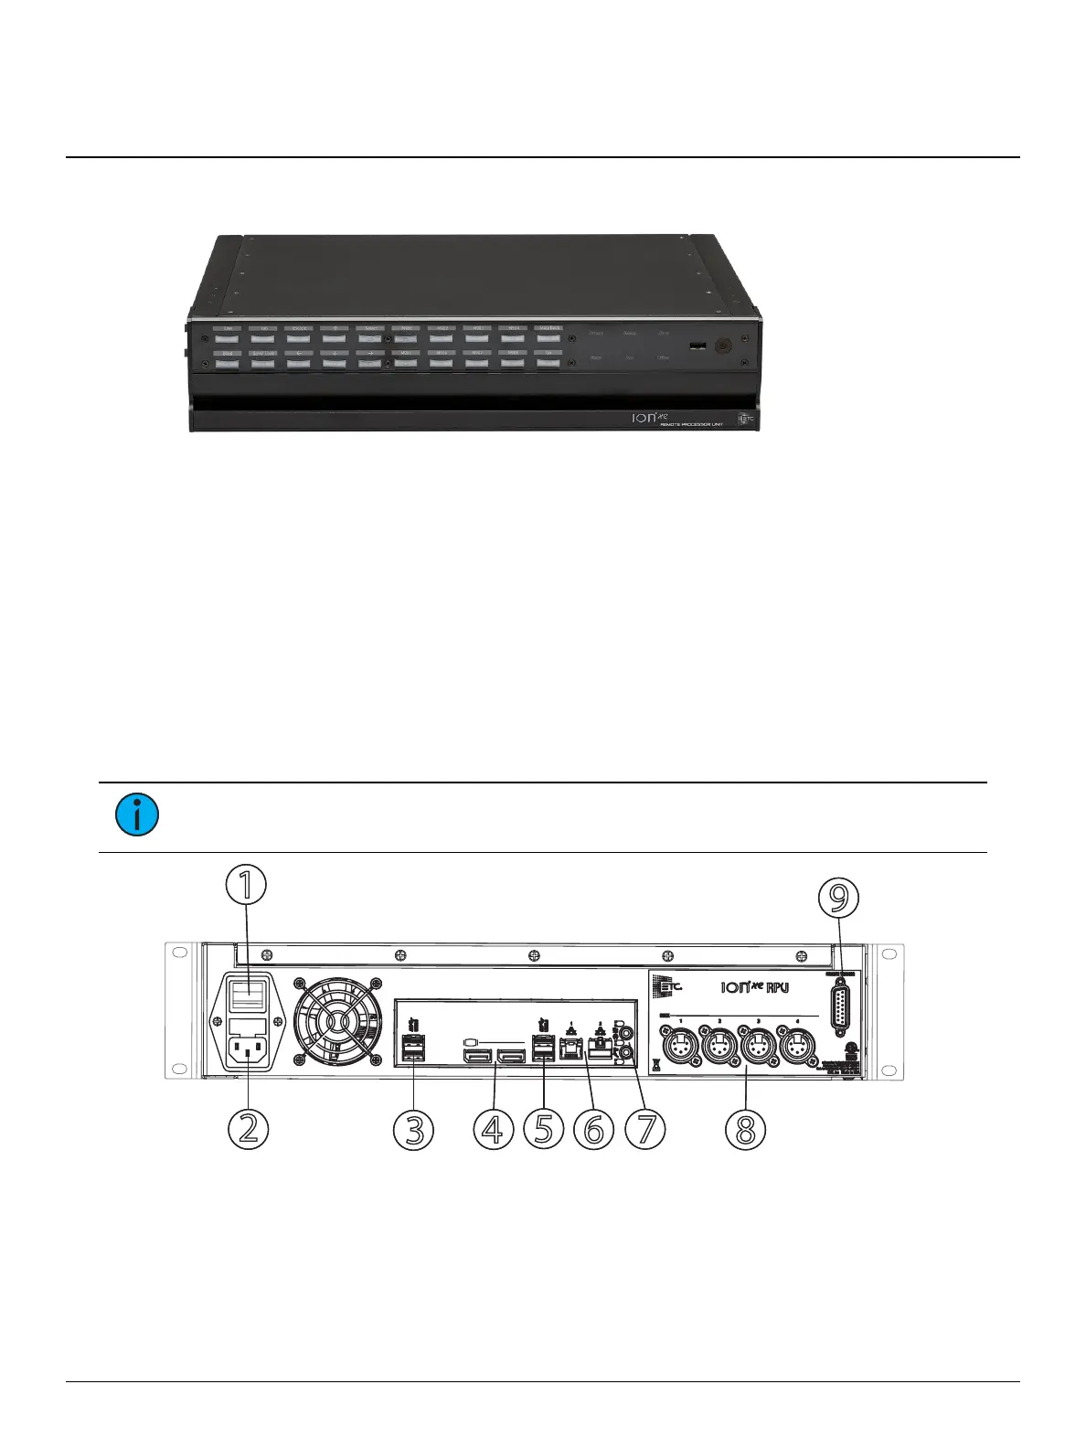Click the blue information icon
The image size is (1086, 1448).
[137, 814]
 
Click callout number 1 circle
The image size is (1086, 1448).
[246, 885]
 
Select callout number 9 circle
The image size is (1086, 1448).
[838, 897]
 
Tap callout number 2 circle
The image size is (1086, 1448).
[248, 1129]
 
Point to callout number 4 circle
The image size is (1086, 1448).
[494, 1129]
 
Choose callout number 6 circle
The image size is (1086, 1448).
[594, 1129]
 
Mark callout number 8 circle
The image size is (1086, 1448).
[745, 1129]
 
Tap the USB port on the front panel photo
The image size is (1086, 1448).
[697, 346]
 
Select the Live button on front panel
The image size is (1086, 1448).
[227, 338]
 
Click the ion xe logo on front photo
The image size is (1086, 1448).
[650, 417]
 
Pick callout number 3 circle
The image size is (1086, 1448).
[413, 1129]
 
